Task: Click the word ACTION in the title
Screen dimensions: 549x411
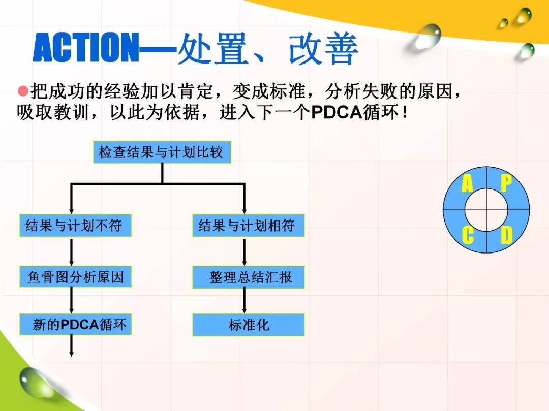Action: [86, 47]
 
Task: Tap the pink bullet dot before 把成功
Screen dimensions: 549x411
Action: [23, 91]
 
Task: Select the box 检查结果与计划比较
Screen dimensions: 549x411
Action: [162, 152]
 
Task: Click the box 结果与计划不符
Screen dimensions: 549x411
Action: [75, 226]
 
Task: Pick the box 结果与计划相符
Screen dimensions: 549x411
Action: [248, 226]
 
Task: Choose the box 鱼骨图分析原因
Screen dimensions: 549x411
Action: [75, 277]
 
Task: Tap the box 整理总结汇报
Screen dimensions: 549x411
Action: [248, 277]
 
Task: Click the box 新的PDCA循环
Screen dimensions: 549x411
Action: [75, 324]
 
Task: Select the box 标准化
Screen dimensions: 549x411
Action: [248, 325]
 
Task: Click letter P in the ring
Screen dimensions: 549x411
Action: [506, 183]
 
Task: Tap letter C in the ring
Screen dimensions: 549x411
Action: [468, 235]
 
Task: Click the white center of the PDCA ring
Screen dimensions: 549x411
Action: [486, 210]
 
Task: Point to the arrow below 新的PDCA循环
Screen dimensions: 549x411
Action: [72, 346]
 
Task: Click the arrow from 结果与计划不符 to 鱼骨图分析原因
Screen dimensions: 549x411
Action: [72, 251]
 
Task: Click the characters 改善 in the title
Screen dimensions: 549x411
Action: [323, 49]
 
